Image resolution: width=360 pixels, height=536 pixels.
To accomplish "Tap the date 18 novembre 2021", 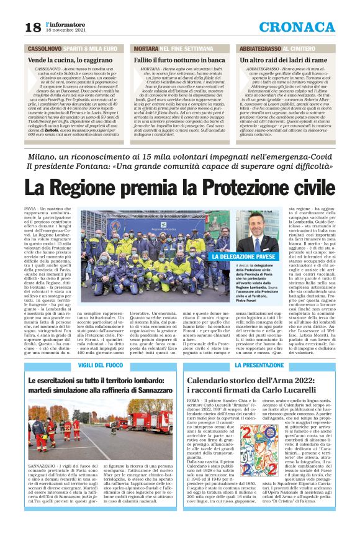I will [x=65, y=29].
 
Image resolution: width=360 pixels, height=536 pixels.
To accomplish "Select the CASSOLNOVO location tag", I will [x=44, y=48].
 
